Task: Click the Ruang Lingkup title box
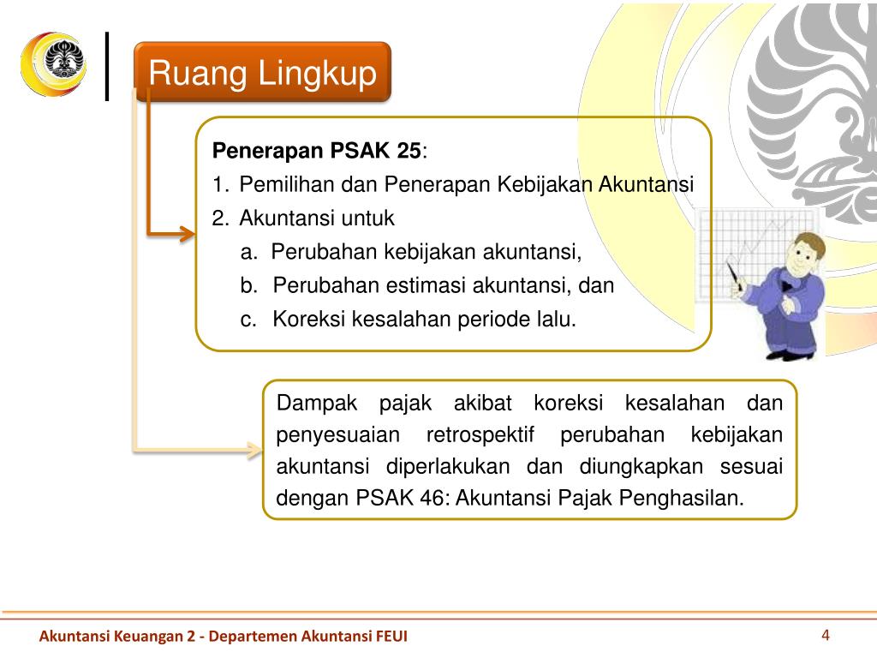point(262,73)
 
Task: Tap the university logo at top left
point(51,64)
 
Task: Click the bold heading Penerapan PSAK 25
point(317,152)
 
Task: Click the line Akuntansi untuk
point(317,218)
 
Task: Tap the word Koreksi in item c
point(305,320)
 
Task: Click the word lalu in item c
point(558,320)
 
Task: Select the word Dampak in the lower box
point(312,404)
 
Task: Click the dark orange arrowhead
point(188,232)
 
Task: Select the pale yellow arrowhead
point(254,448)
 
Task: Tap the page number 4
point(826,635)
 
